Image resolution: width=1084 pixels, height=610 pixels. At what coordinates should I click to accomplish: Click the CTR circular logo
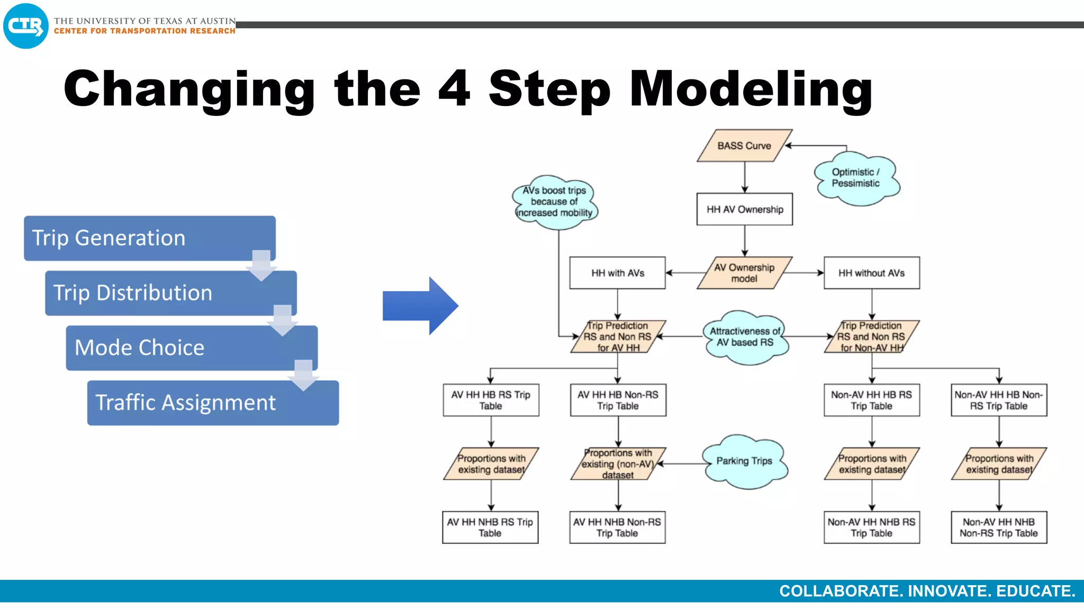[x=25, y=26]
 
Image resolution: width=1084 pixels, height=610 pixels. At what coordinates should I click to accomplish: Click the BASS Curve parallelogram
[x=744, y=146]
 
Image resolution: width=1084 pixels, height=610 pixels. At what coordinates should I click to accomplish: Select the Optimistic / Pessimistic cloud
[x=856, y=178]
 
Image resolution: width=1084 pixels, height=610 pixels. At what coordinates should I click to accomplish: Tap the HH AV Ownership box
[x=744, y=209]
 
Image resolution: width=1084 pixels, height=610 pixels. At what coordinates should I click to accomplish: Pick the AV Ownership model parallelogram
[x=744, y=273]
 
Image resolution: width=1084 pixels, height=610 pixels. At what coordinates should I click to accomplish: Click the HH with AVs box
[x=617, y=273]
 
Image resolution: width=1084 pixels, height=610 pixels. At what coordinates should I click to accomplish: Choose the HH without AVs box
[x=871, y=273]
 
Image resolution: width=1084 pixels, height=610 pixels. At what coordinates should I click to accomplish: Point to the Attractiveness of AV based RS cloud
[x=745, y=337]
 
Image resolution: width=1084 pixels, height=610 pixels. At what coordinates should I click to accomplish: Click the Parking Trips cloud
[x=744, y=461]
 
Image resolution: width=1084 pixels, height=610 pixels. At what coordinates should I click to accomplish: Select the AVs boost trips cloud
[x=554, y=202]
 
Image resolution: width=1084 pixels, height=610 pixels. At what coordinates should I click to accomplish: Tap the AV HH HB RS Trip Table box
[x=491, y=400]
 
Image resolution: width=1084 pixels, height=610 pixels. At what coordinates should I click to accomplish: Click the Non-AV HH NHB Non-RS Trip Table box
[x=998, y=527]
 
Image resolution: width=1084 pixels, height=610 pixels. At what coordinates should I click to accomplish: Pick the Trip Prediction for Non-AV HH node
[x=871, y=337]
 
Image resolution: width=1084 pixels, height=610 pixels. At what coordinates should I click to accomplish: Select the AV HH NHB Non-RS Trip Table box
[x=617, y=527]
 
